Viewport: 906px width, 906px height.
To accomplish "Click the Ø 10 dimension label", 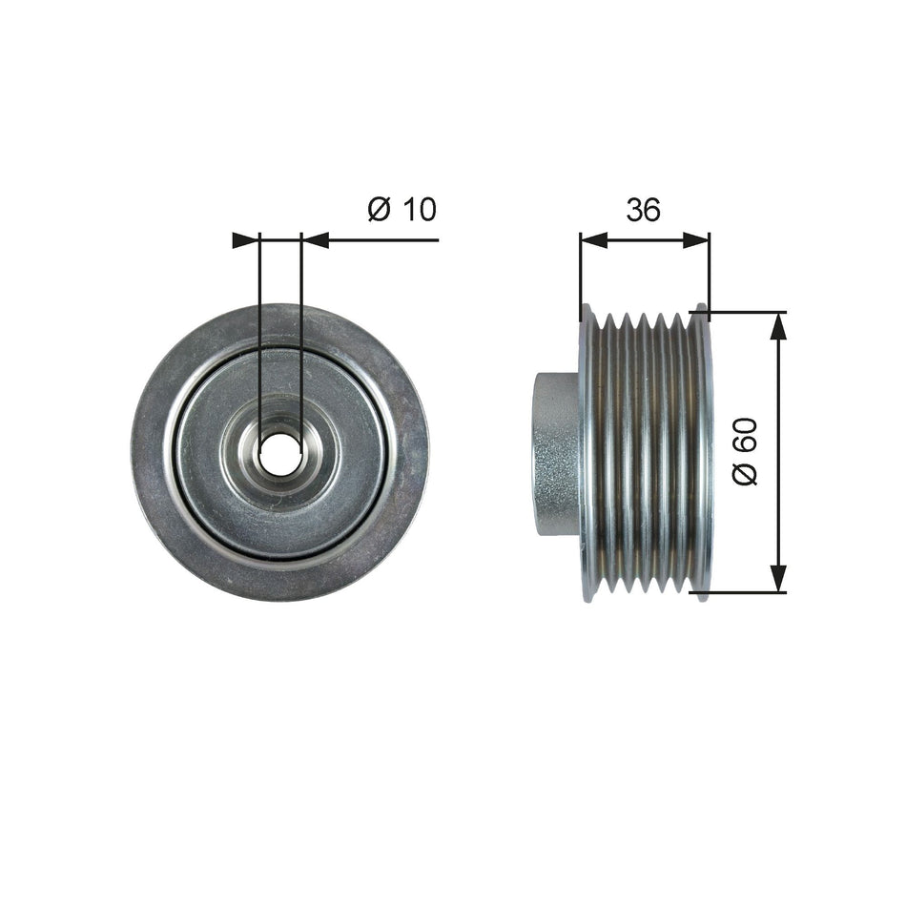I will click(402, 209).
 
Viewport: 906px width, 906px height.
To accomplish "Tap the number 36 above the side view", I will click(644, 210).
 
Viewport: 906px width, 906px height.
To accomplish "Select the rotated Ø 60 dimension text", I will click(745, 452).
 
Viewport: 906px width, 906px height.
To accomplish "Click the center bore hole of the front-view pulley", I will click(279, 453).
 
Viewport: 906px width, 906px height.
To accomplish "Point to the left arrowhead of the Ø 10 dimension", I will click(246, 240).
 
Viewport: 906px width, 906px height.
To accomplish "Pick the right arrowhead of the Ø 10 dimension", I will click(315, 240).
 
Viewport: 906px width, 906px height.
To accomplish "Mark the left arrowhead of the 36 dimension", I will click(593, 240).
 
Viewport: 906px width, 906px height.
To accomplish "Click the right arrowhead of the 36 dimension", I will click(697, 240).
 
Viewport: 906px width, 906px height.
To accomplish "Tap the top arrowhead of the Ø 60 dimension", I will click(779, 325).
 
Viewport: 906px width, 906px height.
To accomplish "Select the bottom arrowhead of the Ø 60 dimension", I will click(779, 579).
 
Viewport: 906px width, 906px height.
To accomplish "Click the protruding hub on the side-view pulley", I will click(556, 453).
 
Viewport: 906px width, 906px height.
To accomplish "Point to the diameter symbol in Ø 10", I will click(379, 209).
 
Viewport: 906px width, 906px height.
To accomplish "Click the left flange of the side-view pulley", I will click(587, 453).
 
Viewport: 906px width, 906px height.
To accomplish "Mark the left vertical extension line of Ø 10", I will click(259, 334).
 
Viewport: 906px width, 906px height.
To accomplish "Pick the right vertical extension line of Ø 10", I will click(301, 334).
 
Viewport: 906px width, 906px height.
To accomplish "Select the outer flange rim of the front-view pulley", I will click(153, 453).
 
